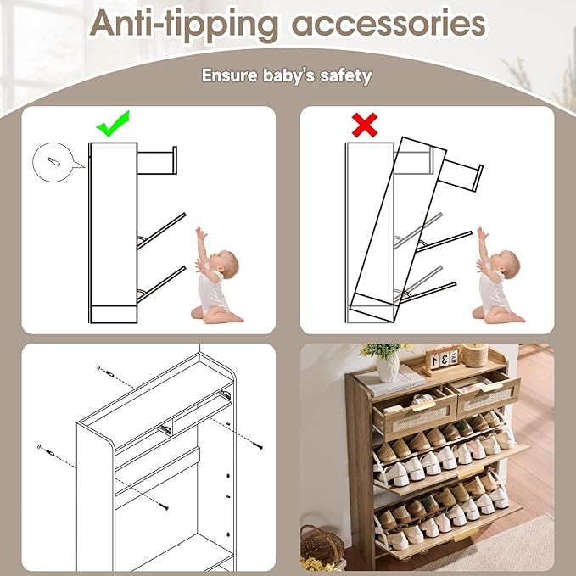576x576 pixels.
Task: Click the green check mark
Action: pos(113,125)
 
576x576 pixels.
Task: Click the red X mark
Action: pos(365,125)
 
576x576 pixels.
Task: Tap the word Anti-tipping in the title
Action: pos(184,25)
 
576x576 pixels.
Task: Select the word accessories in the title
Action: pos(389,25)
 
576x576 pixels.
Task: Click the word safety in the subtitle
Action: pos(345,76)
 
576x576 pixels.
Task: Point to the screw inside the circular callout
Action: pos(53,162)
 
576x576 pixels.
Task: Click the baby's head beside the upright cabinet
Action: pos(226,264)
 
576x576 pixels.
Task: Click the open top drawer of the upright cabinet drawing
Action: pos(157,160)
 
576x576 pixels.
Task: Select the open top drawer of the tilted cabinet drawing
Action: pos(461,176)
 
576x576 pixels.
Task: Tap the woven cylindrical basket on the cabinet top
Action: pos(475,355)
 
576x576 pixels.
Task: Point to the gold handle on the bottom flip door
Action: pos(467,534)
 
